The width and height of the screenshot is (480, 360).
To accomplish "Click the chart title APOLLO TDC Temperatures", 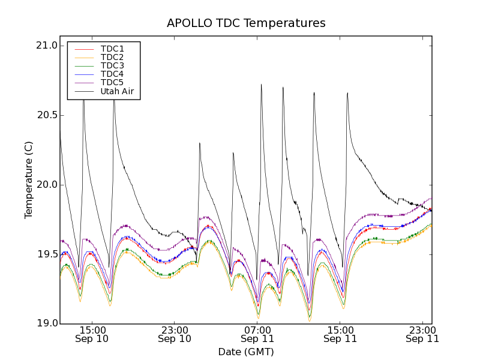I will (246, 23).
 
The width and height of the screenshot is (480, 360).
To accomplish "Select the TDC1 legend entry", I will (112, 49).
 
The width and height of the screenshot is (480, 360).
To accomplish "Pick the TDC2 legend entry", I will (112, 57).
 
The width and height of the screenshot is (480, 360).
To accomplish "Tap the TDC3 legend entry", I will (112, 65).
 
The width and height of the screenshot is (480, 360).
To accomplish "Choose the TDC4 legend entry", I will (112, 74).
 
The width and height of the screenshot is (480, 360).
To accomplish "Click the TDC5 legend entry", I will (112, 82).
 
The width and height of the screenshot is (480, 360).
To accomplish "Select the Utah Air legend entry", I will (117, 92).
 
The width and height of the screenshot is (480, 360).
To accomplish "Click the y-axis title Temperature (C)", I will (29, 180).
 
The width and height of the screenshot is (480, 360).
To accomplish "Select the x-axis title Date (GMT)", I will (246, 352).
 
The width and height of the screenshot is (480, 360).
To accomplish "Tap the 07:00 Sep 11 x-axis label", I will (257, 334).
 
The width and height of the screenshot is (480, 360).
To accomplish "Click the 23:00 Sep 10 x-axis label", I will (175, 334).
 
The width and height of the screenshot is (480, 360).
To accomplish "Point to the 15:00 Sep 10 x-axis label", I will (92, 334).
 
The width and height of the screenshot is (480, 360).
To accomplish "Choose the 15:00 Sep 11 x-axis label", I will (340, 334).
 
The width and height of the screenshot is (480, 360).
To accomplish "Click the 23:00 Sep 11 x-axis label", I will (422, 334).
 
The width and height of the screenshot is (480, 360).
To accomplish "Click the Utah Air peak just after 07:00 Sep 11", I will (261, 85).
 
